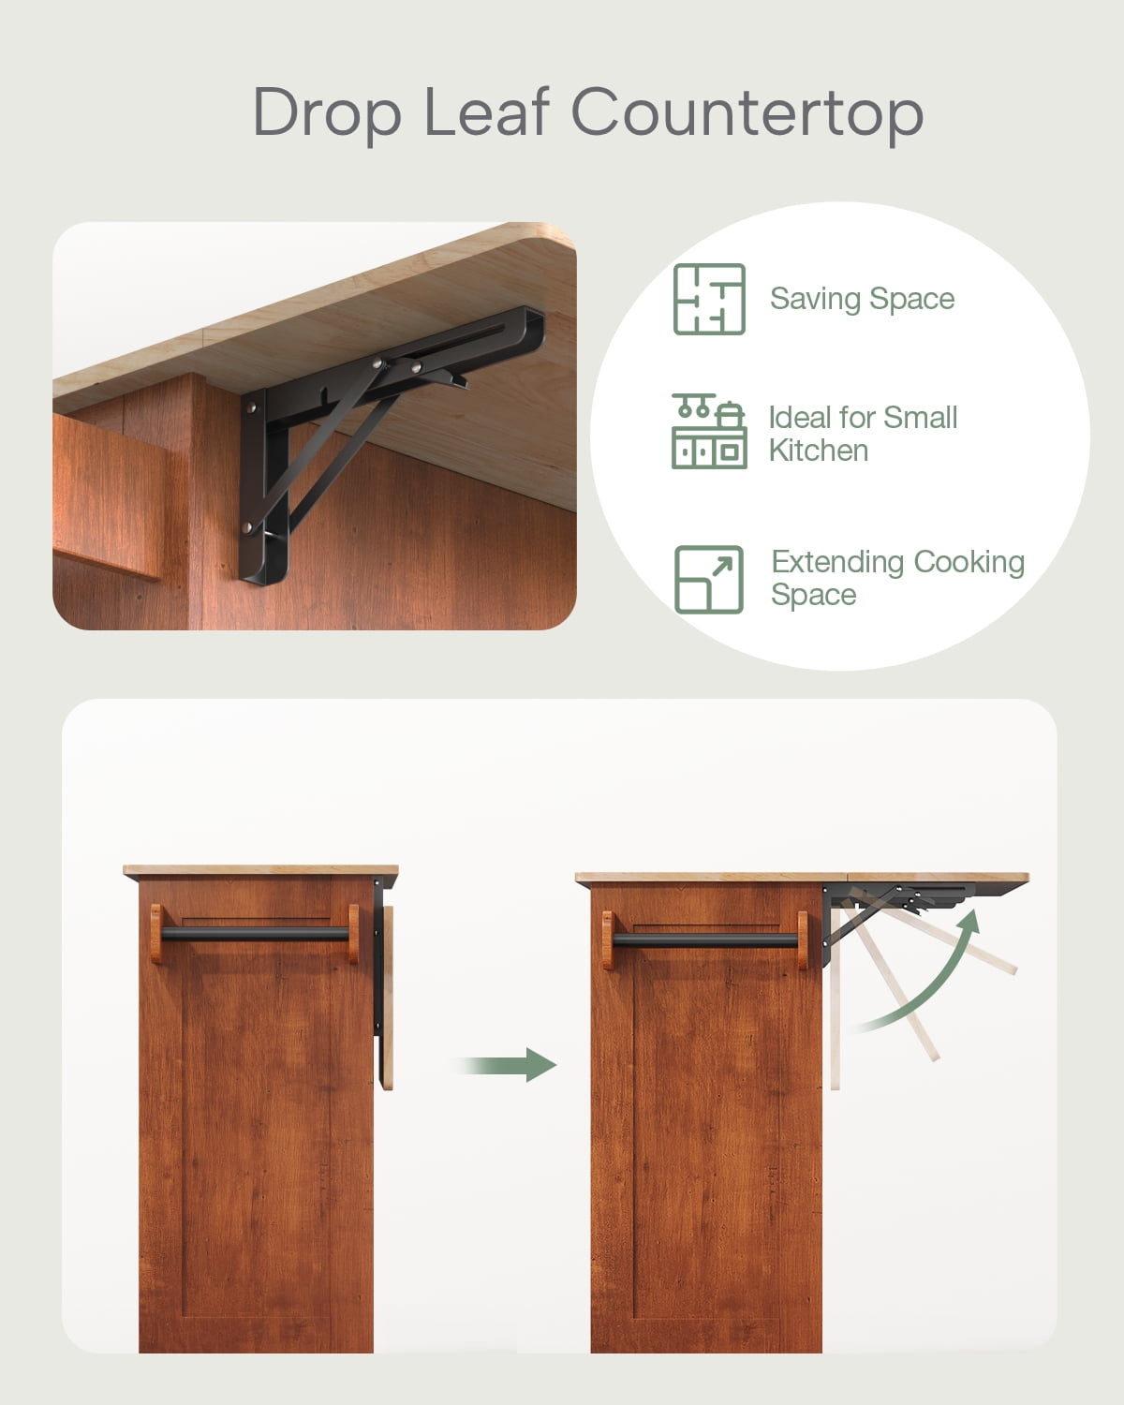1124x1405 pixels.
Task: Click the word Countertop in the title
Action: tap(747, 111)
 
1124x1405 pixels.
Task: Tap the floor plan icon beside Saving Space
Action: tap(709, 299)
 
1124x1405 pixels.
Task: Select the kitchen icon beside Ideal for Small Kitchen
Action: tap(709, 431)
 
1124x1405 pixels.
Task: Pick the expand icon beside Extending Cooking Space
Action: tap(709, 580)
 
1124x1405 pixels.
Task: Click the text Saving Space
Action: tap(862, 300)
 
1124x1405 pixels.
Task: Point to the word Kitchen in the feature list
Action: tap(819, 451)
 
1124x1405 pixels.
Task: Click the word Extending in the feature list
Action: tap(838, 563)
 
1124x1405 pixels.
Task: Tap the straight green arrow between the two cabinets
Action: tap(506, 1065)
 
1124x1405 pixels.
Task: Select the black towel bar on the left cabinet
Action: tap(255, 934)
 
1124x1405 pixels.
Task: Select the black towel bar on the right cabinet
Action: tap(705, 940)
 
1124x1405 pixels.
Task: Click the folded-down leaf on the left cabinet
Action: tap(388, 998)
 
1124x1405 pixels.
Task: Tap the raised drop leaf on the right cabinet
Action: tap(938, 878)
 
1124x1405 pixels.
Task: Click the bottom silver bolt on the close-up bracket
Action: tap(247, 526)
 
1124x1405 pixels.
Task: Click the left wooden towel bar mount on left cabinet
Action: tap(156, 934)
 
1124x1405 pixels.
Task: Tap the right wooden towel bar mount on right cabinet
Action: tap(803, 940)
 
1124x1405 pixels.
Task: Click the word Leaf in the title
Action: tap(486, 111)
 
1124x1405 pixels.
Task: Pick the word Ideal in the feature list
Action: tap(800, 418)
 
